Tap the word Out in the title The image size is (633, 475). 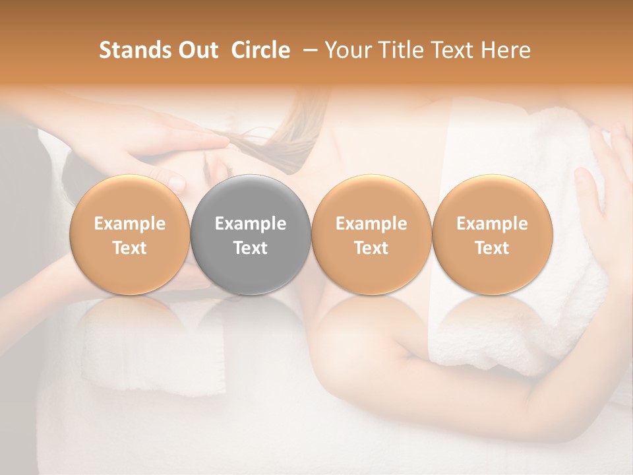click(198, 50)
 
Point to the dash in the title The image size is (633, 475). click(308, 51)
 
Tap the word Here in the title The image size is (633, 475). click(508, 50)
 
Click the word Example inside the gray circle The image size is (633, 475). click(251, 224)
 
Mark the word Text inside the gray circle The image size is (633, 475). click(251, 248)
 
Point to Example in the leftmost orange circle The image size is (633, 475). click(130, 224)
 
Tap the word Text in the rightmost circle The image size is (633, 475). click(493, 248)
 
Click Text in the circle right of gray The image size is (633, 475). click(371, 248)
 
